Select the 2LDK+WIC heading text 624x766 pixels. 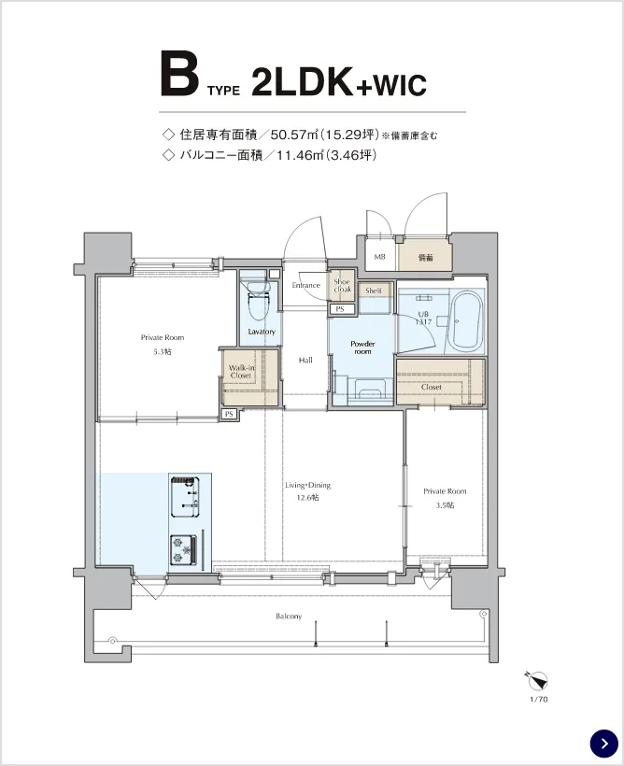(x=339, y=84)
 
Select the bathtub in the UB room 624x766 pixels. (x=464, y=322)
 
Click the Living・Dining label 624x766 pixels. (x=307, y=491)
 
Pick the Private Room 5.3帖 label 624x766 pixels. (x=163, y=344)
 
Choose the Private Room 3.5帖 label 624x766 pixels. (x=444, y=497)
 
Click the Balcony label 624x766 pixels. (x=289, y=617)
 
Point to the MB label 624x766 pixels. (x=380, y=256)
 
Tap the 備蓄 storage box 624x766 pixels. (x=425, y=256)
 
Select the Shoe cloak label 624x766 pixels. (x=342, y=285)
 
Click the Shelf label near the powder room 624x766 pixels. (x=374, y=291)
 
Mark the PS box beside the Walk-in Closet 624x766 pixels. (x=228, y=414)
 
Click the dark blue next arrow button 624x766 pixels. (x=604, y=743)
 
